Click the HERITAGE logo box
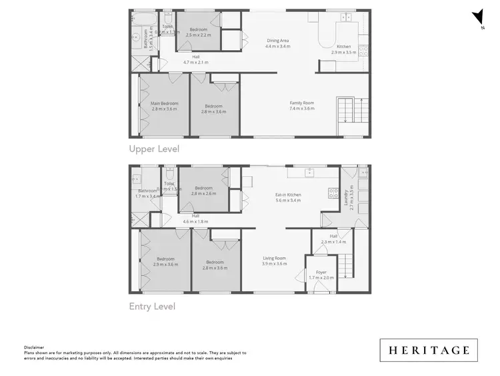point(429,350)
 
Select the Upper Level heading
point(154,149)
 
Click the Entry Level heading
point(152,307)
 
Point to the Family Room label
point(301,103)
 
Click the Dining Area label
point(277,40)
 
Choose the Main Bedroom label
point(164,104)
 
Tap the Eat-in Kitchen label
point(289,195)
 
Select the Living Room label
point(274,258)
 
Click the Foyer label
point(321,272)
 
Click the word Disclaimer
point(34,347)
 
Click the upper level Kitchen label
point(343,46)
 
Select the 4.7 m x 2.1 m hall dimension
point(196,63)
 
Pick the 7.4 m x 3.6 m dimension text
point(301,108)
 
